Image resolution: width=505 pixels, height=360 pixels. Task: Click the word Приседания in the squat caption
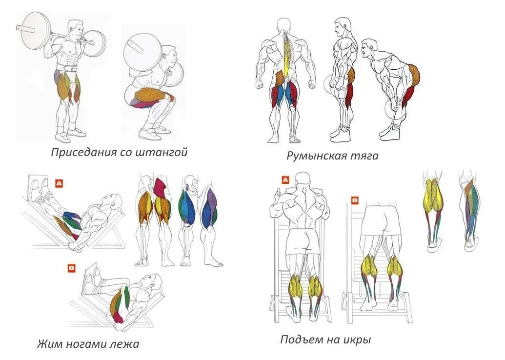83,153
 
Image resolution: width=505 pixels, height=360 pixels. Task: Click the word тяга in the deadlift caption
364,157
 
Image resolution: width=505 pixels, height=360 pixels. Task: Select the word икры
358,340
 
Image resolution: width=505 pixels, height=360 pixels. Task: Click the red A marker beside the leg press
59,183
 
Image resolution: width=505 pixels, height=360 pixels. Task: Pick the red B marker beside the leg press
72,267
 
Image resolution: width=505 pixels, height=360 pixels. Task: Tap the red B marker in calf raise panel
355,200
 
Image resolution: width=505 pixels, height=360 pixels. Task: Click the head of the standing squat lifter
75,30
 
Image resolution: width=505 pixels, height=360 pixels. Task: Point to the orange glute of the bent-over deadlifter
413,73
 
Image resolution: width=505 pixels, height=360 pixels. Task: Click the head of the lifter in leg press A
114,200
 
